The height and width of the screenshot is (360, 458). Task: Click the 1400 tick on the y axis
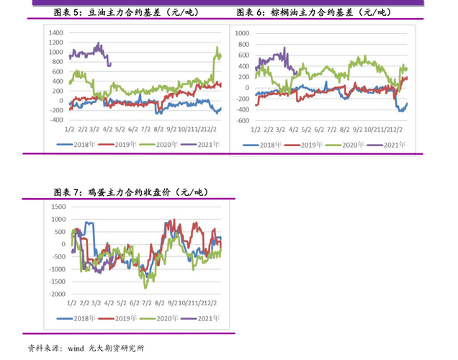click(55, 33)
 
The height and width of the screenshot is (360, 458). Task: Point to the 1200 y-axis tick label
click(55, 42)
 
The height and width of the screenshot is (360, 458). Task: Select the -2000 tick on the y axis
click(55, 294)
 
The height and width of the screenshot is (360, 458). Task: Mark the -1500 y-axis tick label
click(55, 282)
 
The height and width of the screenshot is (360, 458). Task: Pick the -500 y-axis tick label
click(58, 256)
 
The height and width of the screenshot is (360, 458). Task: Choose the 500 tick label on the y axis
click(59, 231)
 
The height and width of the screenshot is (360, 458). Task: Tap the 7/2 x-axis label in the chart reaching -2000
click(146, 304)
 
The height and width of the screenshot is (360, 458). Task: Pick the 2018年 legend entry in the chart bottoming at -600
click(264, 145)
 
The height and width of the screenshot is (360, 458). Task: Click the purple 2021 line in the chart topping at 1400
click(86, 52)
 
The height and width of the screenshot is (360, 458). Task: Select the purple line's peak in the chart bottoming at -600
click(285, 48)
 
